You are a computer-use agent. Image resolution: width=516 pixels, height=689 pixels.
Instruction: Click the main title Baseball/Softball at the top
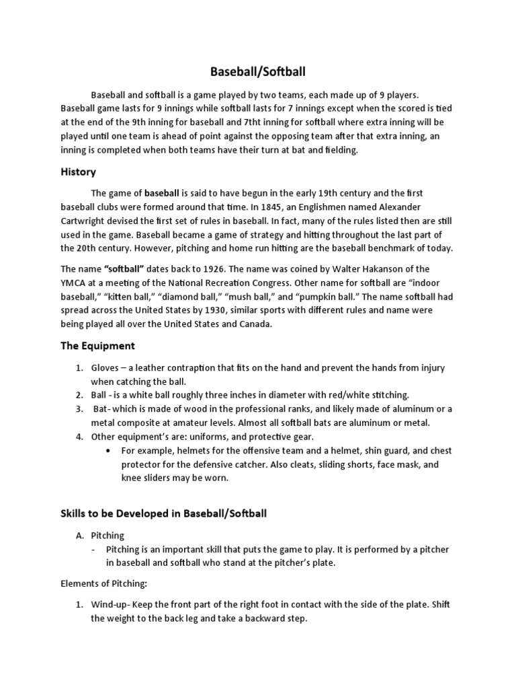click(258, 71)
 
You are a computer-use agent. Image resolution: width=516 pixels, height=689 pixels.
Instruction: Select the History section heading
click(78, 172)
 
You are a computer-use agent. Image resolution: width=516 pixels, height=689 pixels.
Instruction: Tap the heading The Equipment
click(98, 346)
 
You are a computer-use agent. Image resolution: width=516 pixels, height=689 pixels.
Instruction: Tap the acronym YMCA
click(74, 282)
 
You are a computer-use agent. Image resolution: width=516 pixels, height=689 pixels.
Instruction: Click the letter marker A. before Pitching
click(78, 536)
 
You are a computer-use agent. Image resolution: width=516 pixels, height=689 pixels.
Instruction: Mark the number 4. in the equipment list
click(79, 436)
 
